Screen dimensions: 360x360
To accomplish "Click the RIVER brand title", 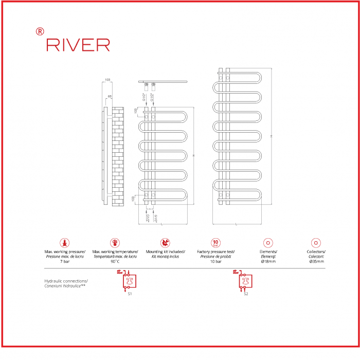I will (78, 45).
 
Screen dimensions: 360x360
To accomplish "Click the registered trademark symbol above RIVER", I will (40, 31).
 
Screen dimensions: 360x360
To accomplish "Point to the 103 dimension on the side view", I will (107, 80).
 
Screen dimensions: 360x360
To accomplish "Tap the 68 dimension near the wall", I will (110, 97).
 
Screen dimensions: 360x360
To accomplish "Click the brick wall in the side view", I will (118, 156).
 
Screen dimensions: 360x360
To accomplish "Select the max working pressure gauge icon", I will (65, 243).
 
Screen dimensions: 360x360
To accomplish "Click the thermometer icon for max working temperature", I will (115, 243).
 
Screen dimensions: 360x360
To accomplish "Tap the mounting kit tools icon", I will (165, 243).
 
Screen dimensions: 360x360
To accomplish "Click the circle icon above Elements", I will (267, 243).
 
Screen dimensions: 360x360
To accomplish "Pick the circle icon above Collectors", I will (316, 243).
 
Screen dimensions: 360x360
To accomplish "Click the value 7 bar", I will (65, 261).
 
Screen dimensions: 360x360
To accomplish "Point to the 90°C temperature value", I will (115, 261).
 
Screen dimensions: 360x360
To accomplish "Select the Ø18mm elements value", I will (267, 261).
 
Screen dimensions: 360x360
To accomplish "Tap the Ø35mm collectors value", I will (316, 261).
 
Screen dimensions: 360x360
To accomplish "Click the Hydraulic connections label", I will (66, 281).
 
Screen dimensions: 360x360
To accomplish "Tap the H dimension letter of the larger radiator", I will (271, 136).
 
